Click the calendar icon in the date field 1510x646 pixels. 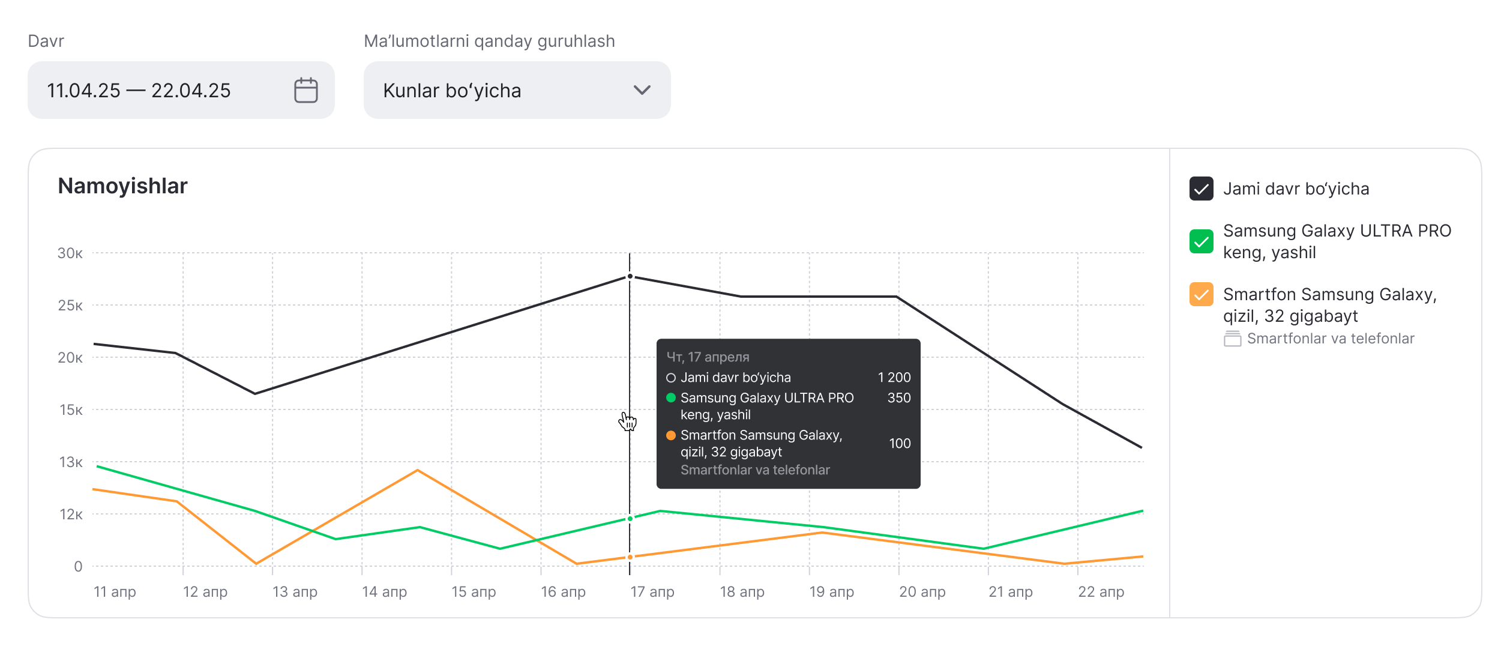[x=305, y=90]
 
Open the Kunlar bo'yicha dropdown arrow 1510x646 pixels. [x=642, y=90]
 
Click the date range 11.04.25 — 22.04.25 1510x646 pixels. [x=139, y=91]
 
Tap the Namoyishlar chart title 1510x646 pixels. [x=122, y=186]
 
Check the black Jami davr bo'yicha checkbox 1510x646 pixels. [x=1201, y=189]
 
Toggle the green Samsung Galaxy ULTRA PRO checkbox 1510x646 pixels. [x=1201, y=241]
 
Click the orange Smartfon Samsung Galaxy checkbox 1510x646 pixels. [x=1201, y=294]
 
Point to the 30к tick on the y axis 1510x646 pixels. [x=70, y=253]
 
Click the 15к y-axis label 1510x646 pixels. [x=71, y=410]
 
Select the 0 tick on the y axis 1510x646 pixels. [x=78, y=567]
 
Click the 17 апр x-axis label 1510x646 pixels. [x=652, y=592]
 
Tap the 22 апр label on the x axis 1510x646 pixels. [x=1101, y=592]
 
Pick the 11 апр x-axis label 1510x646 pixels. [x=115, y=592]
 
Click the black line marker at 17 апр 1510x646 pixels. [x=630, y=277]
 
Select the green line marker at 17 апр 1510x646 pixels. [x=630, y=519]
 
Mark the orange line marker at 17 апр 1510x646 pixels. [x=630, y=557]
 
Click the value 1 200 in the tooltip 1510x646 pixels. [x=894, y=378]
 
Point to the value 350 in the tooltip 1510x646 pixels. [x=899, y=398]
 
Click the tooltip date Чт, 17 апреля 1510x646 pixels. [x=708, y=357]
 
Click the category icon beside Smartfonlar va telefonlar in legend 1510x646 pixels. [x=1232, y=339]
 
